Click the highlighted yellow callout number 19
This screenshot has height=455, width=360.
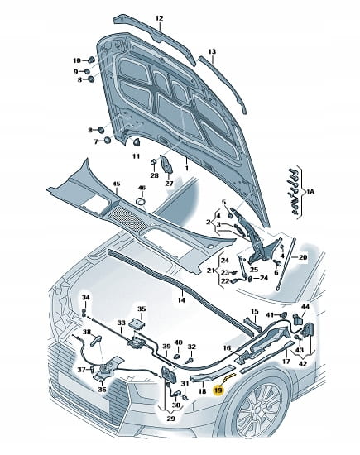pyautogui.click(x=218, y=390)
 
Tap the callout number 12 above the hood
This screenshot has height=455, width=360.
pyautogui.click(x=160, y=18)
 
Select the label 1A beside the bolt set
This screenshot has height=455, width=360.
pyautogui.click(x=310, y=192)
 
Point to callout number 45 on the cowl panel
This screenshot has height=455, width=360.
pyautogui.click(x=116, y=184)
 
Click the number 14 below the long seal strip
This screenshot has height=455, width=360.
pyautogui.click(x=181, y=300)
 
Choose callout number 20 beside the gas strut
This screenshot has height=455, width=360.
pyautogui.click(x=303, y=257)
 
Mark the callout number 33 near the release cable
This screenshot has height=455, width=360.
pyautogui.click(x=121, y=323)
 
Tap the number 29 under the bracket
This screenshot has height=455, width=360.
pyautogui.click(x=171, y=419)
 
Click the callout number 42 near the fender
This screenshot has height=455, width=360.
pyautogui.click(x=303, y=363)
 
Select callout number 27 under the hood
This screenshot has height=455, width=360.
pyautogui.click(x=169, y=184)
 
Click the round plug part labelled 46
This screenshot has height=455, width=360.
pyautogui.click(x=142, y=201)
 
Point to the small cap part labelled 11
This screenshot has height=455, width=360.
pyautogui.click(x=137, y=142)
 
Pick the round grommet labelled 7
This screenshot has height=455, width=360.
pyautogui.click(x=108, y=141)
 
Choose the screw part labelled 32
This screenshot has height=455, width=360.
pyautogui.click(x=190, y=361)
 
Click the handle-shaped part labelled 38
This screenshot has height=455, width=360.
pyautogui.click(x=95, y=339)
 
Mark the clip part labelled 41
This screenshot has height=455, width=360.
pyautogui.click(x=283, y=314)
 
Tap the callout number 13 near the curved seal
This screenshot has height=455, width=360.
pyautogui.click(x=212, y=51)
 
